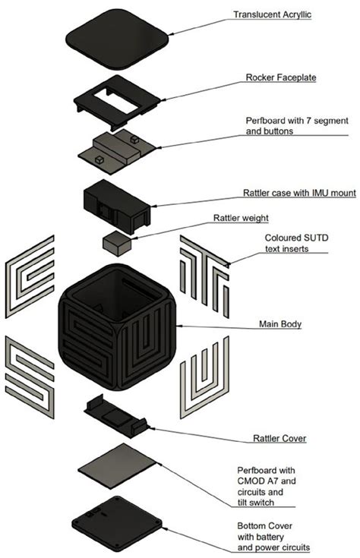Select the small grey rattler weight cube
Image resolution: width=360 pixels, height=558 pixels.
tap(117, 244)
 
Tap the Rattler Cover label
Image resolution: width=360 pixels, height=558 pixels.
tap(277, 439)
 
